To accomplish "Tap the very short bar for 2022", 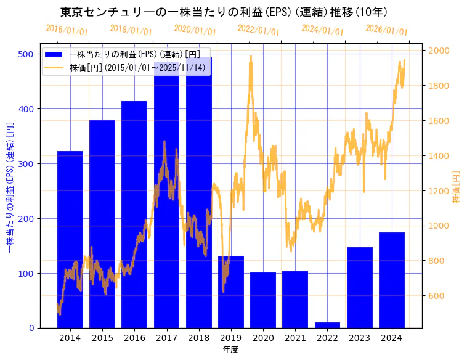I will [x=327, y=325].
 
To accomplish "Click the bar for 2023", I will [x=360, y=287].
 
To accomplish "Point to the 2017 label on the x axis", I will [x=166, y=338].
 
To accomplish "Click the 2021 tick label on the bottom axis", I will [x=295, y=338].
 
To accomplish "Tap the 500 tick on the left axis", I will [x=26, y=54].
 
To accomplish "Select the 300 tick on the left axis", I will [x=26, y=164].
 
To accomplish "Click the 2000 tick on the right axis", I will [x=439, y=51].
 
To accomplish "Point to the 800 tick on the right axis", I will [x=436, y=261].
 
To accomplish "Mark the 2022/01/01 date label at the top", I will [x=258, y=30].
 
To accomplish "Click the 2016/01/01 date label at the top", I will [x=67, y=30].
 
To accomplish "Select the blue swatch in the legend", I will [x=54, y=55].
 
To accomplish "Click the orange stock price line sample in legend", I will [x=54, y=67].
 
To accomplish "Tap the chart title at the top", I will [x=224, y=12].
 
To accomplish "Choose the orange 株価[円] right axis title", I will [x=457, y=187].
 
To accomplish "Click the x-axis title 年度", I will [x=230, y=350].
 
